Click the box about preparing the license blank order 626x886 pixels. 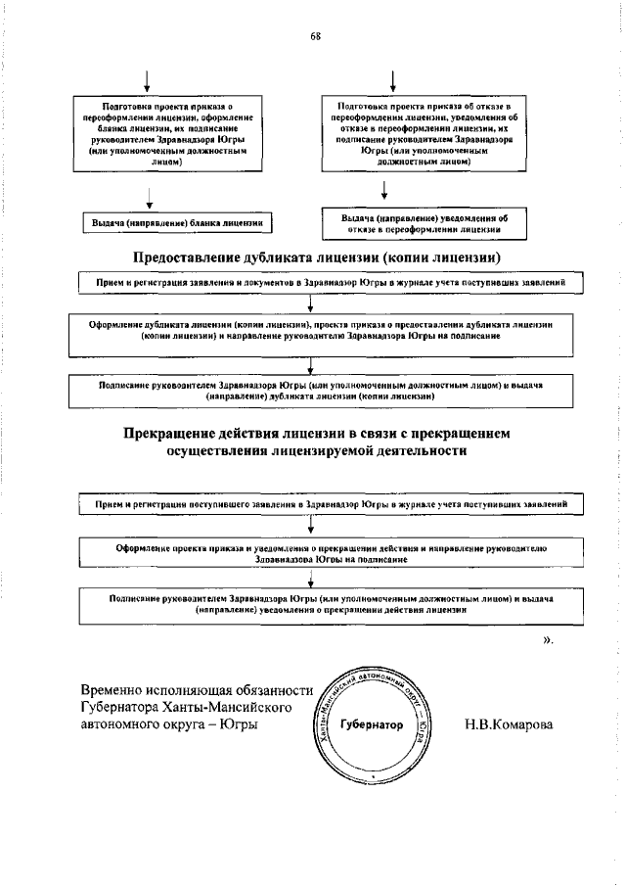[167, 133]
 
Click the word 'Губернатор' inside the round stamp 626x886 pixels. [371, 726]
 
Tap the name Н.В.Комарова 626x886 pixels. [510, 725]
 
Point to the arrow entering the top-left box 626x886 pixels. [148, 80]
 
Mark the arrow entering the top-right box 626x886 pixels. [392, 80]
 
